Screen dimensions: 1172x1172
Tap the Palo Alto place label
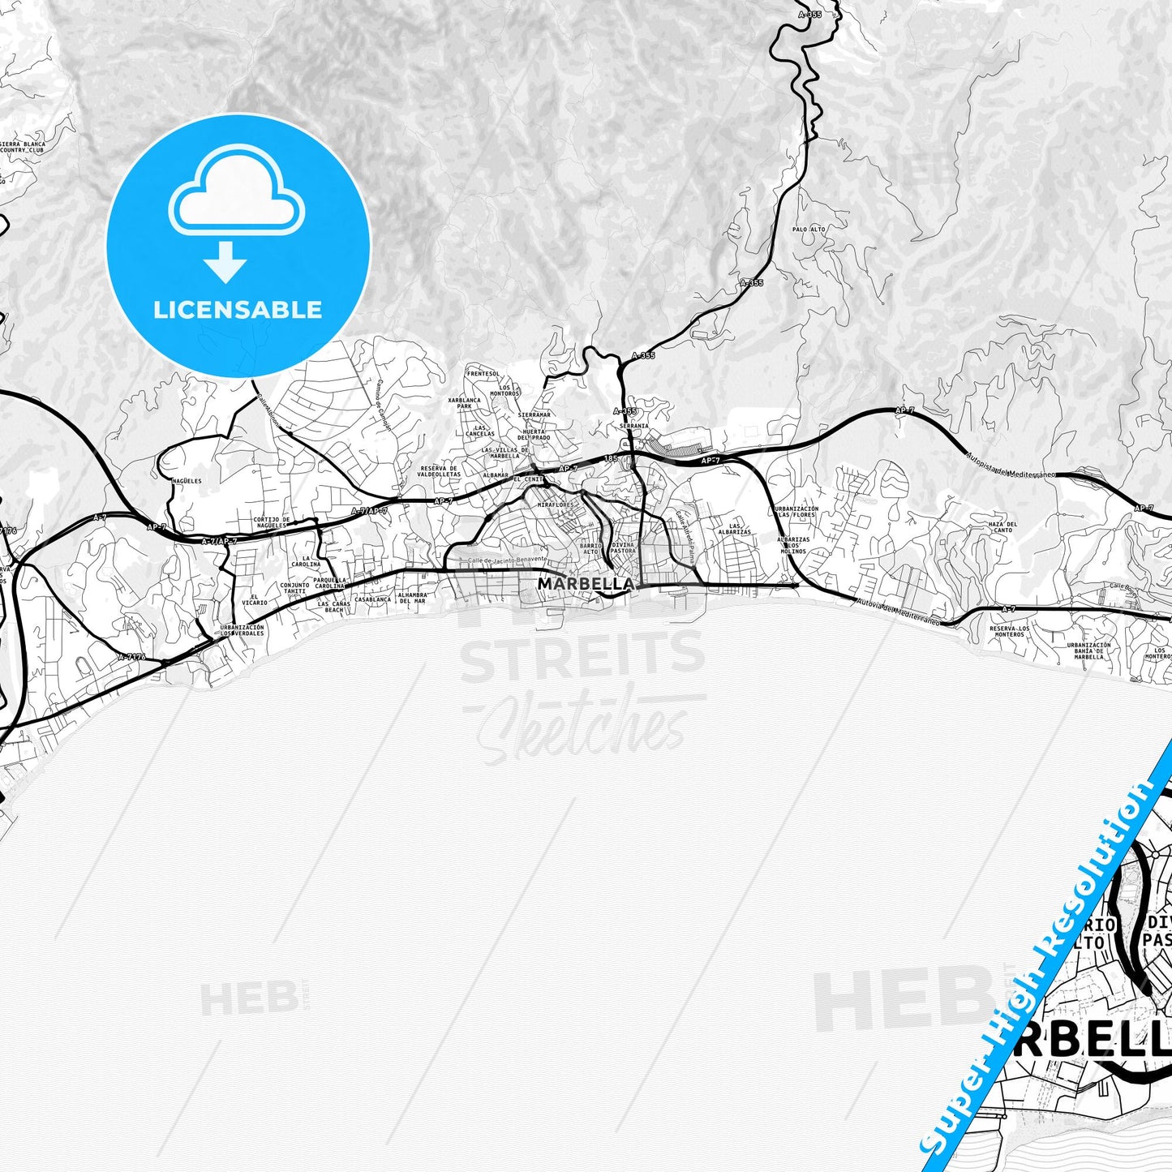809,230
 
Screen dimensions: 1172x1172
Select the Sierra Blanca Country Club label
24,147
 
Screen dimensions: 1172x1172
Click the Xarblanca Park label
465,403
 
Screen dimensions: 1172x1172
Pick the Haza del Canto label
1002,527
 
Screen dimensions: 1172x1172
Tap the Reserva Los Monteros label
1010,631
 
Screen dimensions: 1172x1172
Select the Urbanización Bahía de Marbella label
1088,650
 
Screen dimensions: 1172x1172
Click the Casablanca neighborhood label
373,600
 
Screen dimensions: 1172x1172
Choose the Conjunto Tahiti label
294,588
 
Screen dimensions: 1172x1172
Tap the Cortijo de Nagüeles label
271,522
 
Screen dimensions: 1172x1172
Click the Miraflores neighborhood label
556,504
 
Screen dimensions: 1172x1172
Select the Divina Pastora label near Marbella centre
623,547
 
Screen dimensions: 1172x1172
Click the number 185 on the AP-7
611,458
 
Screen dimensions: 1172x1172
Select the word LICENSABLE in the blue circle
238,309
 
